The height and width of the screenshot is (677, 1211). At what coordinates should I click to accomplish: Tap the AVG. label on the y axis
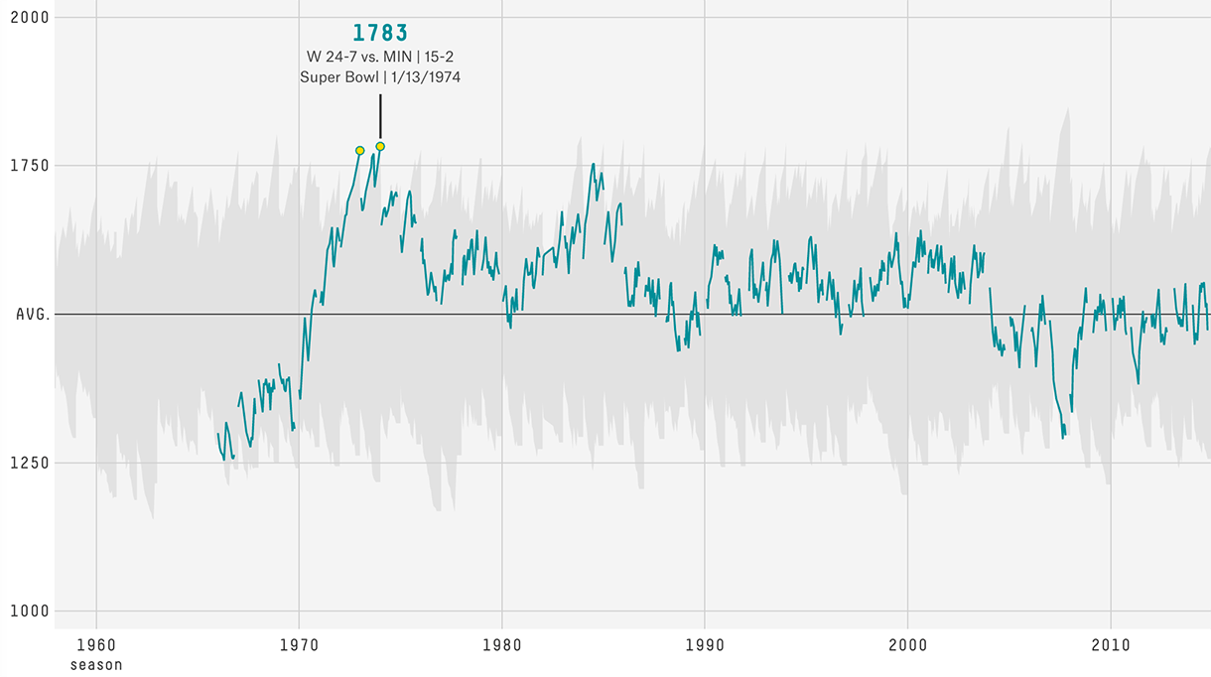pyautogui.click(x=32, y=314)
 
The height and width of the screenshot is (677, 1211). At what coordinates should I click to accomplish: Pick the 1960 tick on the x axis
pyautogui.click(x=96, y=645)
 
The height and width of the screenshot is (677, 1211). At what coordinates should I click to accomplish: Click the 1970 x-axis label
pyautogui.click(x=299, y=645)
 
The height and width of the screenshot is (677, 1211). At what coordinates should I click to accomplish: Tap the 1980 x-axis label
pyautogui.click(x=501, y=645)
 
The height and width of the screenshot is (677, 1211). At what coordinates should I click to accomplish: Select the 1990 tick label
pyautogui.click(x=705, y=645)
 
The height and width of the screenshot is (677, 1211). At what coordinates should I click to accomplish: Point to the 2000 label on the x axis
pyautogui.click(x=907, y=645)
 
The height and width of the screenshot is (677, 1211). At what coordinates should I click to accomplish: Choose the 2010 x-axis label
pyautogui.click(x=1110, y=645)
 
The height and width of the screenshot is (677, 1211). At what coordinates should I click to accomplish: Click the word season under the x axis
pyautogui.click(x=96, y=665)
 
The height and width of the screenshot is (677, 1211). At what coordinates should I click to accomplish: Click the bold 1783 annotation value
pyautogui.click(x=380, y=33)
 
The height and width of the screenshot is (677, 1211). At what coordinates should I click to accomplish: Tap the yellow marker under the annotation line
pyautogui.click(x=380, y=146)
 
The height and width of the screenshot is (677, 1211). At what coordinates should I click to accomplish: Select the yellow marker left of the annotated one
pyautogui.click(x=359, y=151)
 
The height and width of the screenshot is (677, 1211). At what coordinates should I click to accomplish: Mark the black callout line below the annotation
pyautogui.click(x=380, y=116)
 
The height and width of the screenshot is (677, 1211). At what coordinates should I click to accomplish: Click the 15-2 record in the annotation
pyautogui.click(x=439, y=57)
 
